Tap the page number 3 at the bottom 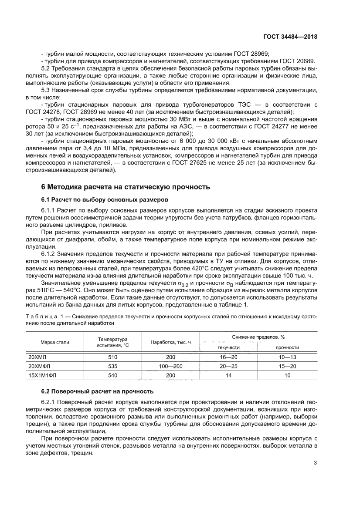(315, 463)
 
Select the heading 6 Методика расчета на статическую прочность (126, 187)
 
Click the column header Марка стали (55, 342)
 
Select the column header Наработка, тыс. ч (171, 342)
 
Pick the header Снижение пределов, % (258, 337)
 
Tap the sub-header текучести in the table (229, 347)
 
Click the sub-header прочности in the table (287, 347)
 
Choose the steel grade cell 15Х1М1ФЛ (41, 375)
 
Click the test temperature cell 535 (112, 366)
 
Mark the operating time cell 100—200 (171, 366)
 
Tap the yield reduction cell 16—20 (229, 357)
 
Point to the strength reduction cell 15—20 (287, 366)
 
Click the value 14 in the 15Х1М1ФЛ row (229, 375)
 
